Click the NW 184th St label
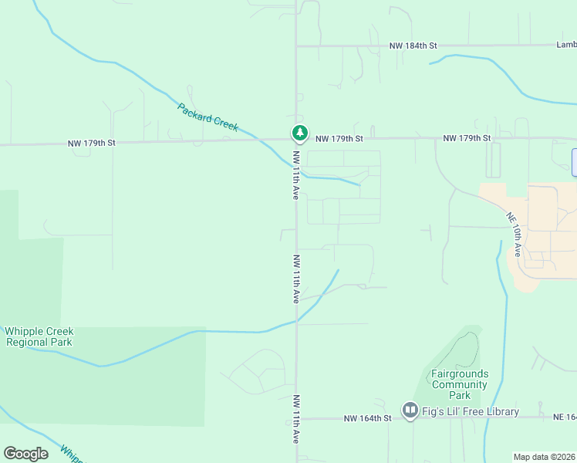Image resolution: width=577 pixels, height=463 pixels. coord(413,46)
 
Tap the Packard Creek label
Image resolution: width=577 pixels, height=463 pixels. coord(208,117)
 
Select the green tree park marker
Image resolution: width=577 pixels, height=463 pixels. coord(299,133)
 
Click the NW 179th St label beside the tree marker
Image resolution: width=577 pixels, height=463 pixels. coord(339,139)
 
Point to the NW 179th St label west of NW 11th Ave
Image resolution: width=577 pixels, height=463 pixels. coord(91,143)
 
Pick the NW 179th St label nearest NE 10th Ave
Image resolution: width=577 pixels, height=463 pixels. coord(467,138)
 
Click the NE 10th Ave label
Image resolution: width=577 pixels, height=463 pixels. coord(515,235)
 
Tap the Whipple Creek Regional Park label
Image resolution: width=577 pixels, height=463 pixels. coord(39,336)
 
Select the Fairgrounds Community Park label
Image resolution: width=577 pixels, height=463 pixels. coord(460,384)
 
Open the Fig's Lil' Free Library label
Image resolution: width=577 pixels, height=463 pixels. coord(471,411)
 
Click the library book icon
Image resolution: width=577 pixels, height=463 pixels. coord(410,409)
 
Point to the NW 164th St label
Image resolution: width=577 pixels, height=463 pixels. coord(367,418)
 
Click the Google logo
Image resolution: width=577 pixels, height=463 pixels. coord(25,454)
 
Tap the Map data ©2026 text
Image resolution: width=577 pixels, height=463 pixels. coord(545,457)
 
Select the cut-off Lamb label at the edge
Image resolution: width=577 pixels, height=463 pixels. coord(566,46)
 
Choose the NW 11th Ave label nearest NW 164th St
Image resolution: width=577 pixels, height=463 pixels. coord(296,418)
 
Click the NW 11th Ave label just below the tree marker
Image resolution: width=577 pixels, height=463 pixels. coord(295,175)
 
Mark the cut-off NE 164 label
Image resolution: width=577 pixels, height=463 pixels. coord(565,417)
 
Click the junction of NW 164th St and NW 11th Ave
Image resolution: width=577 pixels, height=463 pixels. coord(297,418)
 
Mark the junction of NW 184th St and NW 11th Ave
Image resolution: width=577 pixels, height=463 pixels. coord(297,46)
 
